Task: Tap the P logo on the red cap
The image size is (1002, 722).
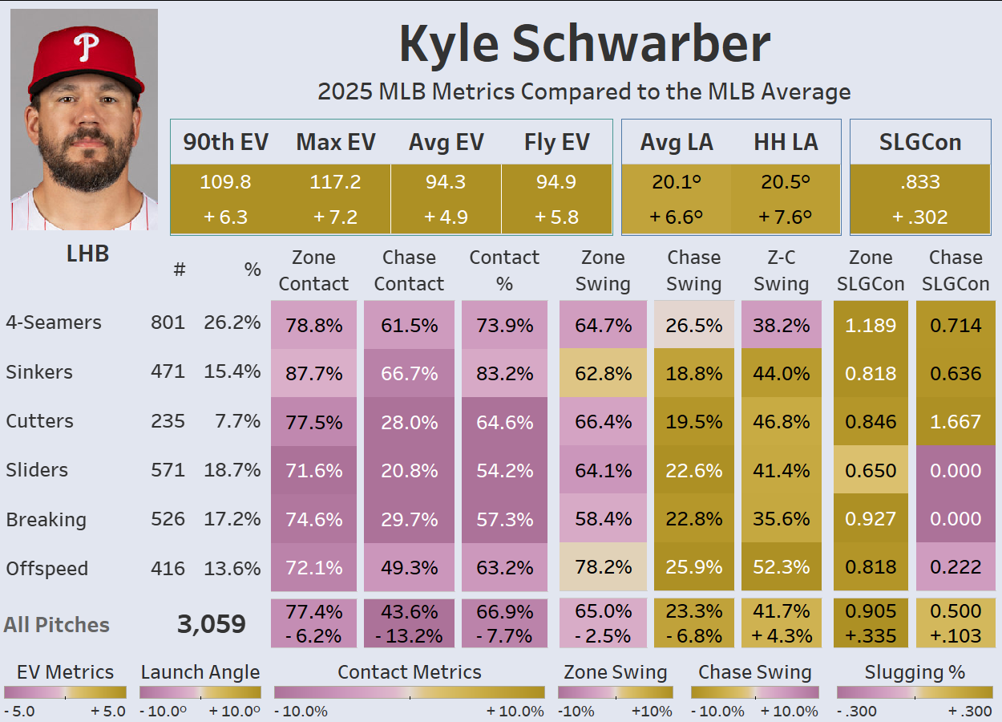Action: [x=86, y=47]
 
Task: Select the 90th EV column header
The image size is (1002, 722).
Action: [x=225, y=142]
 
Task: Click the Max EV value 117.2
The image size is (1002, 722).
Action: [x=335, y=182]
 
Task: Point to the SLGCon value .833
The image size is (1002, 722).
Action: [x=919, y=182]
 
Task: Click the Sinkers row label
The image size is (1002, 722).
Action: [x=39, y=372]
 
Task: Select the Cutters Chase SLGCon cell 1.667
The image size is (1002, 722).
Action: [x=955, y=422]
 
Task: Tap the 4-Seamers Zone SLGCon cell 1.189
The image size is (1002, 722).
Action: [x=871, y=325]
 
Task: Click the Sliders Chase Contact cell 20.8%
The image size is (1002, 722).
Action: [x=409, y=471]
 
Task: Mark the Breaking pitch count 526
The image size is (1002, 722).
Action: [x=168, y=519]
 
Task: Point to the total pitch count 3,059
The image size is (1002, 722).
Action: [x=212, y=625]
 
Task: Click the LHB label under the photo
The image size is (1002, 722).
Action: [x=87, y=254]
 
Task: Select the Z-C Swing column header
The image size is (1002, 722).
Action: [x=781, y=270]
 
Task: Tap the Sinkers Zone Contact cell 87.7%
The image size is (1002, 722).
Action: [x=314, y=374]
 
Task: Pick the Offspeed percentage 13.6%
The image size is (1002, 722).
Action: [x=232, y=569]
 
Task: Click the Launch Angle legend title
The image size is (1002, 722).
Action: [x=200, y=672]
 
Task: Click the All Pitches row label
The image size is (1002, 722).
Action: [x=56, y=625]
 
